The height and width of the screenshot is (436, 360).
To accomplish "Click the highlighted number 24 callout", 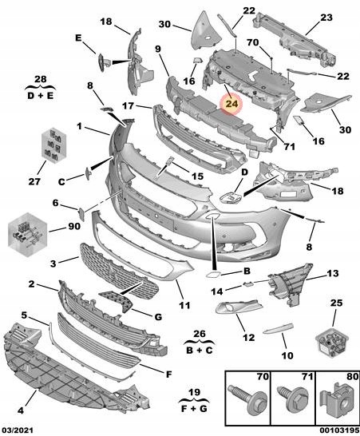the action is [x=231, y=104].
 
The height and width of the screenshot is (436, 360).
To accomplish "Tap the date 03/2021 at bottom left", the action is [x=17, y=430].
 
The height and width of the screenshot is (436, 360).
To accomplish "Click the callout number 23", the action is [x=326, y=18].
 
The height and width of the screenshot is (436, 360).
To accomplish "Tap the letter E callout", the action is [x=78, y=38].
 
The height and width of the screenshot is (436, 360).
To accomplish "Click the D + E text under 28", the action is [x=40, y=96].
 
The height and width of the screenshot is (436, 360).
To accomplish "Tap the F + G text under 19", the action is [x=194, y=409].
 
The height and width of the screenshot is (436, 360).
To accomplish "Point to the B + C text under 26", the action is [x=200, y=350].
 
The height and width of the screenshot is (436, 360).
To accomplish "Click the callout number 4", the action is [x=20, y=410].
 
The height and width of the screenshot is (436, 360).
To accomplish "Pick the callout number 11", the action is [x=184, y=305].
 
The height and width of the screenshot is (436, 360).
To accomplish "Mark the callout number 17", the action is [x=129, y=105].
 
